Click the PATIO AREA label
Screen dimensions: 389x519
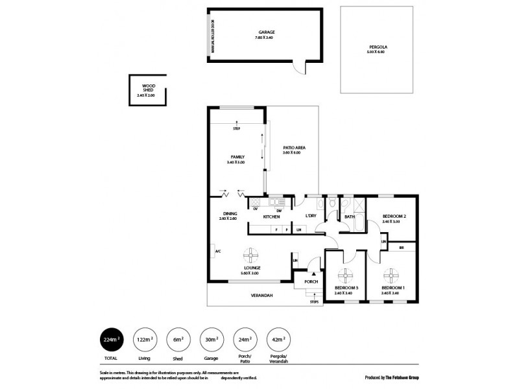294,148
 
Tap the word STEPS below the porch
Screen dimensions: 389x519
314,301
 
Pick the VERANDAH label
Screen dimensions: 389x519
262,296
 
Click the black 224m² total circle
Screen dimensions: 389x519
111,339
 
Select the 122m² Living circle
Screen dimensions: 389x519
144,339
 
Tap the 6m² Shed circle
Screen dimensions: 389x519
178,339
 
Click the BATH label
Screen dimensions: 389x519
349,217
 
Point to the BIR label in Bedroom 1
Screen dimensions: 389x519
402,247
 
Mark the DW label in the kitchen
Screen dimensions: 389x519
278,209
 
